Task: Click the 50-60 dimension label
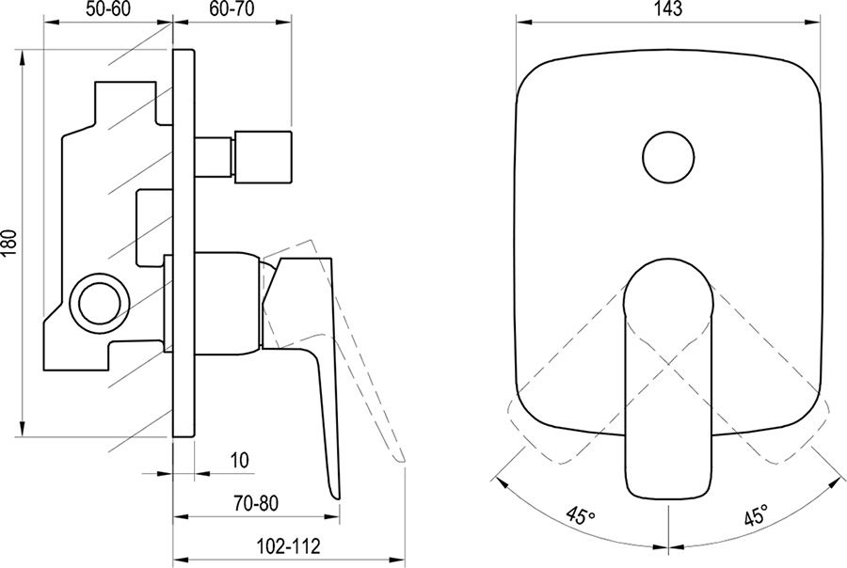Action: tap(108, 9)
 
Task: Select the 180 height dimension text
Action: tap(10, 243)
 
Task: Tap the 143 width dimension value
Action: tap(668, 9)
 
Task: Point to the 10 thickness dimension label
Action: tap(239, 461)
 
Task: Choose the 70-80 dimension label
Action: tap(256, 504)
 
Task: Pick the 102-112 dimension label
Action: tap(288, 545)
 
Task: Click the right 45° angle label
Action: tap(756, 516)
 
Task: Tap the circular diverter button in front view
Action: tap(668, 158)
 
